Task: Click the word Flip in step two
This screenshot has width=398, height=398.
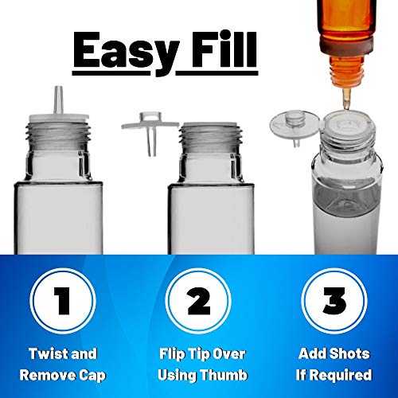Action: (168, 353)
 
